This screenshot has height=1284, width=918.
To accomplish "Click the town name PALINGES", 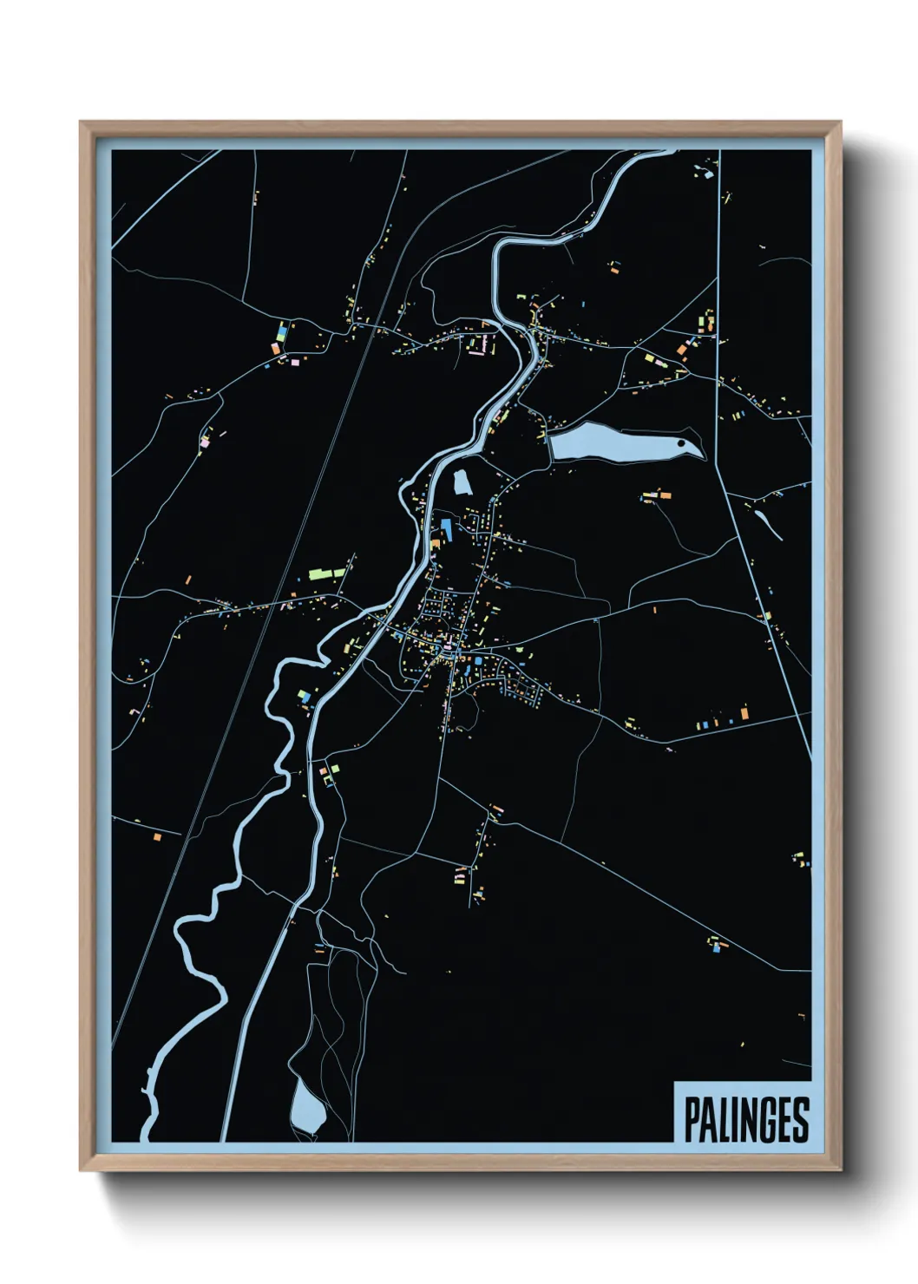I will pos(746,1119).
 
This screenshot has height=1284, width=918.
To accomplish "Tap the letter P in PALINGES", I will pos(693,1119).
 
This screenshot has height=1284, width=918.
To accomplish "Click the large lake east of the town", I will pos(607,443).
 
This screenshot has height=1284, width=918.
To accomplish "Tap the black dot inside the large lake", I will pos(681,443).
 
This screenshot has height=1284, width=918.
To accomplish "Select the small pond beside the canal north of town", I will pos(462,481).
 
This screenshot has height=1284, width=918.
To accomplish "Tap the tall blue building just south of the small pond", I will pos(447,527).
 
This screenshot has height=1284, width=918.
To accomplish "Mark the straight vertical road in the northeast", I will pos(719,304).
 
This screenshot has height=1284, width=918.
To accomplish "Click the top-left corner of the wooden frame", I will pos(82,124).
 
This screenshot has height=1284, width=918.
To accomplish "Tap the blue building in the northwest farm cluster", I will pos(282,331).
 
